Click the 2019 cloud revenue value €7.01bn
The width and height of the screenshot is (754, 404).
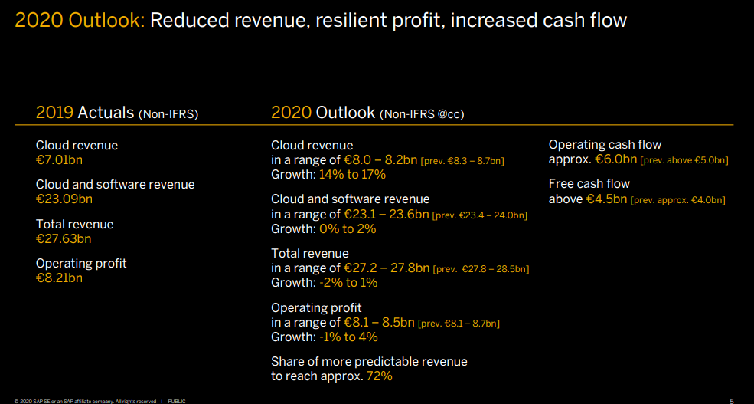[x=59, y=159]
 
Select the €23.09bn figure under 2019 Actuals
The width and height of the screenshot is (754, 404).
[x=64, y=199]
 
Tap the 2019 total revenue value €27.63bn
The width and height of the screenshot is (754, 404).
[x=64, y=238]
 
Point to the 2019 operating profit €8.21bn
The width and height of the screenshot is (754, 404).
[x=59, y=278]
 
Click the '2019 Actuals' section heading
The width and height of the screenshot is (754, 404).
[x=117, y=113]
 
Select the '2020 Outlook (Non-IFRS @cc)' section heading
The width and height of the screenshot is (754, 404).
[x=367, y=113]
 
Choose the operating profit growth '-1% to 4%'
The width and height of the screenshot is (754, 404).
[x=349, y=337]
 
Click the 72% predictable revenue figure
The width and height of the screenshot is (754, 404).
[x=379, y=376]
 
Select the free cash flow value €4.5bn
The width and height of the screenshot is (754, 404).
[x=607, y=199]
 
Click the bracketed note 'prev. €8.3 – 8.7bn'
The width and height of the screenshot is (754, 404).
[x=462, y=161]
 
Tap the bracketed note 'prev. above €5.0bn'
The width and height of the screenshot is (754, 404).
[x=684, y=160]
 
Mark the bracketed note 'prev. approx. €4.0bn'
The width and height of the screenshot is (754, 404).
[x=678, y=200]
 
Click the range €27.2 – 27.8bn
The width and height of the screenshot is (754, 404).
[x=386, y=268]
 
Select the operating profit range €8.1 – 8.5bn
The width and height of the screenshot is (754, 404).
[x=379, y=322]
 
